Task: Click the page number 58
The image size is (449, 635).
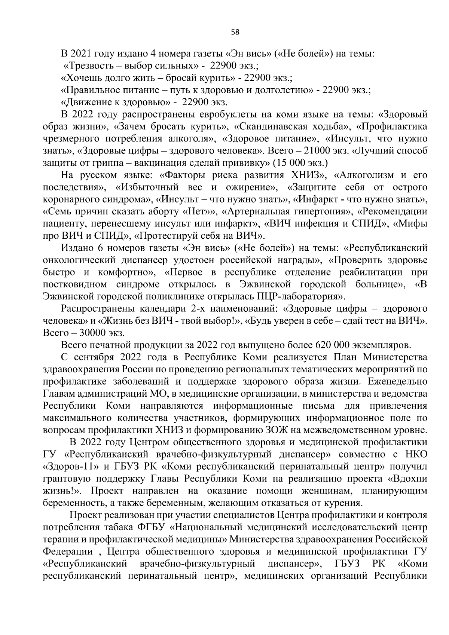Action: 235,32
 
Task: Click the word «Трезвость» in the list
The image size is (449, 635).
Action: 86,66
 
